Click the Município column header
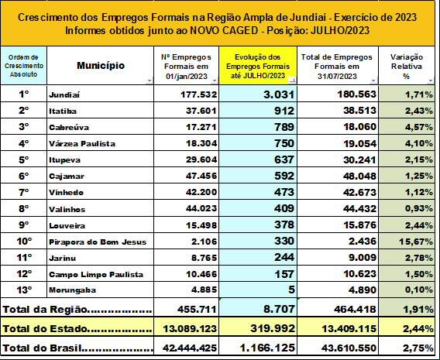[x=101, y=66]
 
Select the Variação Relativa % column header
[x=407, y=67]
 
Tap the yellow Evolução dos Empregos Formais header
[x=258, y=67]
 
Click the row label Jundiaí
[x=64, y=94]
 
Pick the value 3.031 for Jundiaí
[x=279, y=94]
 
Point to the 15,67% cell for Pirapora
[x=416, y=242]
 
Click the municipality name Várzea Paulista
[x=82, y=143]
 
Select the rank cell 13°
[x=24, y=290]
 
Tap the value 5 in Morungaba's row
[x=291, y=290]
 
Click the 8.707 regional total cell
[x=279, y=309]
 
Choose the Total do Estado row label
[x=77, y=328]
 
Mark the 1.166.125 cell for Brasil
[x=267, y=348]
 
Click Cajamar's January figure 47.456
[x=201, y=176]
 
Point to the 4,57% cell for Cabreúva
[x=418, y=127]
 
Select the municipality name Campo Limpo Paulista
[x=96, y=274]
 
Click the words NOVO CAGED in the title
[x=224, y=30]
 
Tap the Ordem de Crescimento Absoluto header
[x=24, y=66]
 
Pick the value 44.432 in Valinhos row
[x=359, y=208]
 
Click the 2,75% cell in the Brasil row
[x=418, y=348]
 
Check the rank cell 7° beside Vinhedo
[x=24, y=192]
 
